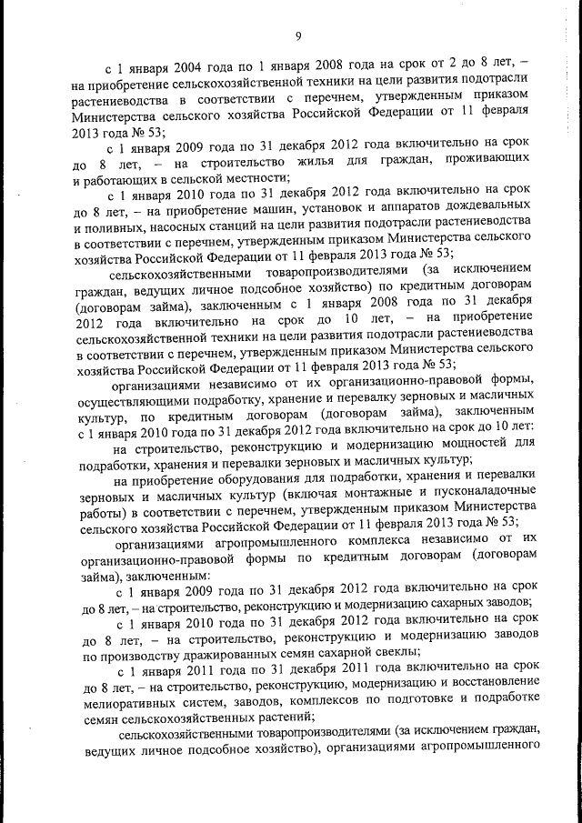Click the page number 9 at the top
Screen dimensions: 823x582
click(x=296, y=35)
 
